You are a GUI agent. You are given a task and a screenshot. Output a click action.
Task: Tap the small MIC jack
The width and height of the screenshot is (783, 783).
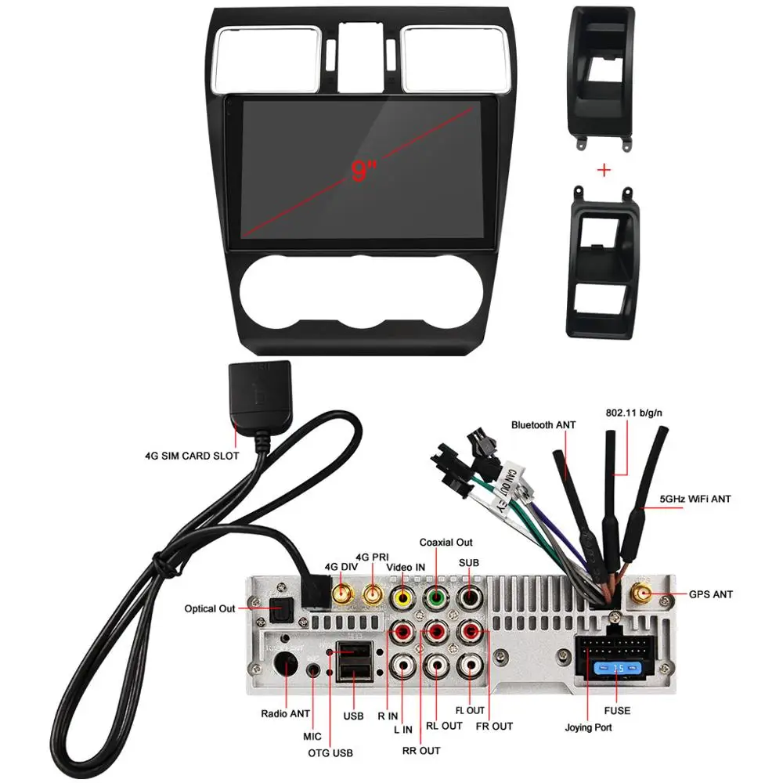click(315, 670)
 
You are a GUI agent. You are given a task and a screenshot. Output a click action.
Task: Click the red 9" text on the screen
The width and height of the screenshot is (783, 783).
click(364, 170)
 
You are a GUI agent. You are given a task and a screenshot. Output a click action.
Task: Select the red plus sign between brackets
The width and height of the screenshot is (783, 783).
click(604, 171)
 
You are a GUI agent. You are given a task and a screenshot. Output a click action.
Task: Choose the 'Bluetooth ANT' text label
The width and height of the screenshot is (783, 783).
click(543, 424)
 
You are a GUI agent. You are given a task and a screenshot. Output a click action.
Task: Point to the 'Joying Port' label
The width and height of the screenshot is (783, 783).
click(589, 727)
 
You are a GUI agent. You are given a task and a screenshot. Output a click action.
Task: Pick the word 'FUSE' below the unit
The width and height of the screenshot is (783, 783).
click(616, 711)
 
